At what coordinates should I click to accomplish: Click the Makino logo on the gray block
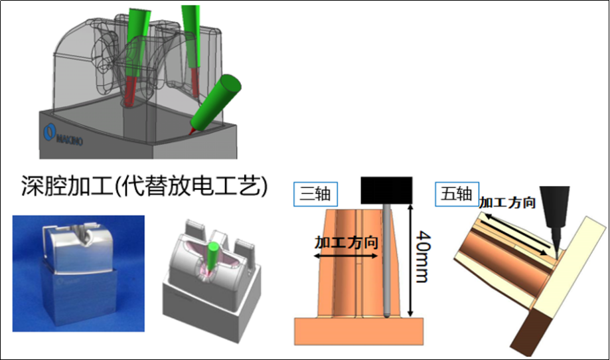[x=63, y=135]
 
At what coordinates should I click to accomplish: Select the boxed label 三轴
[x=315, y=194]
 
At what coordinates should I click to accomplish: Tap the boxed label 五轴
[x=457, y=194]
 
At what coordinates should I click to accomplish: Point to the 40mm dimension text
[x=423, y=256]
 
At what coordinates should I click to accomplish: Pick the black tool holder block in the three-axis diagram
[x=386, y=191]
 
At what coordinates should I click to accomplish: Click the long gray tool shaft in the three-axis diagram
[x=387, y=260]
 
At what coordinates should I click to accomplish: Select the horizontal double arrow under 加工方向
[x=345, y=256]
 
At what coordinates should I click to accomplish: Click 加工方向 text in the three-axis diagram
[x=346, y=242]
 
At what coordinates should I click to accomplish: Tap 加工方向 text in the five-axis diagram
[x=507, y=203]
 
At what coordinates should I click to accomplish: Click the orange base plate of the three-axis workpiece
[x=358, y=331]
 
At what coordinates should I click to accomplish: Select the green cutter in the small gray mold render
[x=212, y=257]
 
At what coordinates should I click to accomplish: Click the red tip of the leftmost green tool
[x=132, y=92]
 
